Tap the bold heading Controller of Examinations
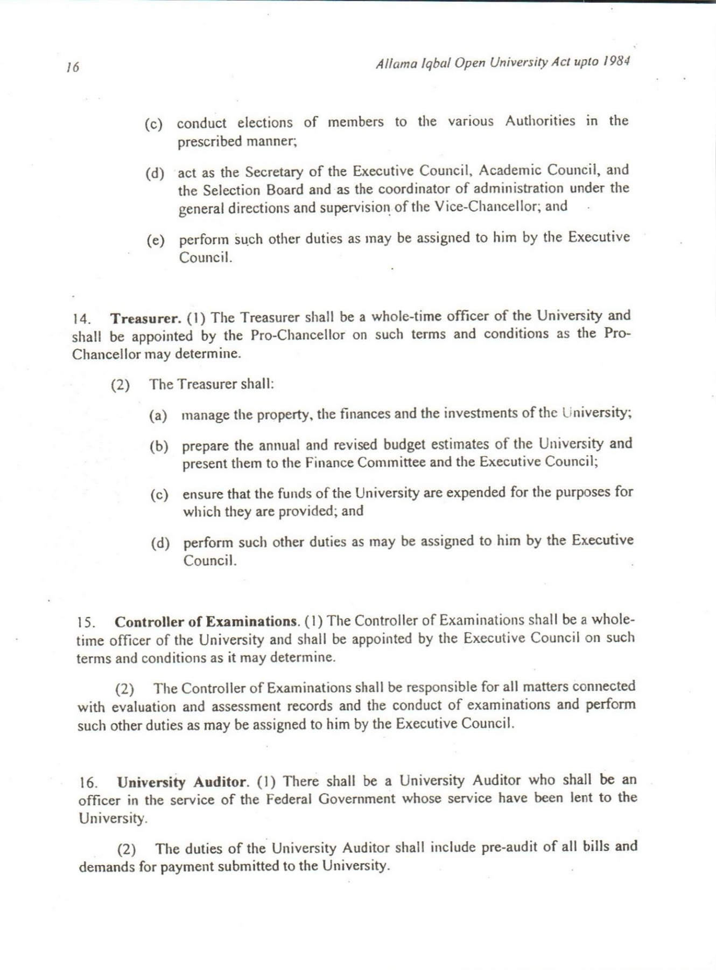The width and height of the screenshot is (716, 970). coord(207,622)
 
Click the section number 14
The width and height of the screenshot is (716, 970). coord(82,319)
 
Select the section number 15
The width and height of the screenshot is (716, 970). coord(86,623)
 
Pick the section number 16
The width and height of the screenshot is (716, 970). coord(88,783)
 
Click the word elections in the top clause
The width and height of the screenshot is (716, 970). coord(265,123)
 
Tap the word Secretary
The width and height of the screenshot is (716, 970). coord(275,172)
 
